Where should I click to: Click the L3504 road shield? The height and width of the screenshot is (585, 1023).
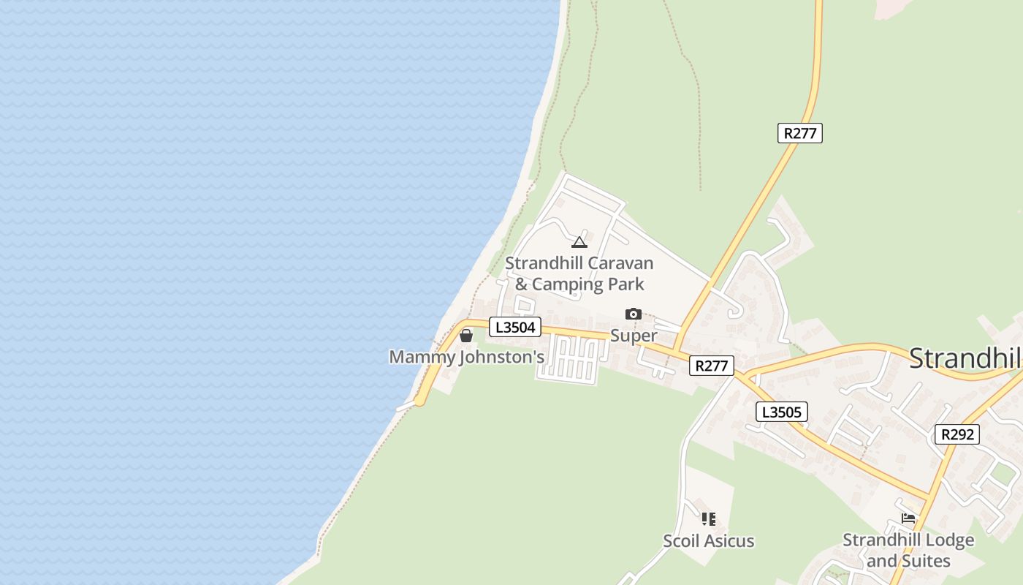click(515, 327)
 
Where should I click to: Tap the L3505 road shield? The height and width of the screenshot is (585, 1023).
click(781, 412)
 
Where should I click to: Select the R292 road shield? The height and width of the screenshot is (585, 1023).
click(957, 434)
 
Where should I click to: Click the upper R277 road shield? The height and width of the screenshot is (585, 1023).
click(800, 133)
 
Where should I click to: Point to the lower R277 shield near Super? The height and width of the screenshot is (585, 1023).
click(711, 366)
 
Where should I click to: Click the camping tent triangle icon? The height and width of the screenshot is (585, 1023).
click(579, 242)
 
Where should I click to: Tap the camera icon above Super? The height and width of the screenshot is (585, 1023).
click(633, 314)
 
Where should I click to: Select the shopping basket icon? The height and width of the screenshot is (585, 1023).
click(465, 336)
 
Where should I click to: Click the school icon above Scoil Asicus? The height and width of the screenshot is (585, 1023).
click(708, 519)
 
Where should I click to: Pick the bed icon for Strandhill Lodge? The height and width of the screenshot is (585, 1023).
click(908, 519)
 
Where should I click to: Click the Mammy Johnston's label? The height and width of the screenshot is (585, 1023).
click(467, 357)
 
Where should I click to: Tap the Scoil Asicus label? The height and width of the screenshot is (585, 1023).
click(708, 541)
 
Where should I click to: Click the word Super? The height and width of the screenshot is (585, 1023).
click(634, 336)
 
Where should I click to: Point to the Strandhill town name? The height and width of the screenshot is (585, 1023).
click(965, 358)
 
